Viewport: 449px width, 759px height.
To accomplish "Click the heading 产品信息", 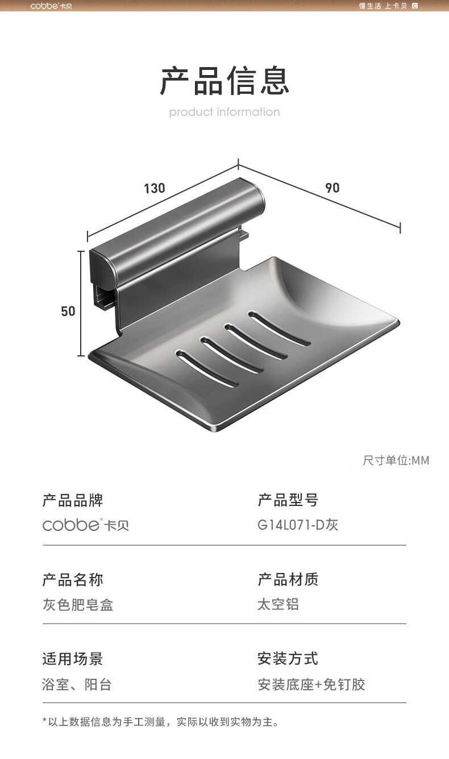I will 224,81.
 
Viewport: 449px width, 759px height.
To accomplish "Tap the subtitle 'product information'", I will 224,112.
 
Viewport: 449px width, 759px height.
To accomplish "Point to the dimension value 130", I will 154,188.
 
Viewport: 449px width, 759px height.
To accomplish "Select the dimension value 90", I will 332,188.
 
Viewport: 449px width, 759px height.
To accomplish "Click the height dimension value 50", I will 68,311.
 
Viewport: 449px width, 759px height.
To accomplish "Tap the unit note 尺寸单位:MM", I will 396,460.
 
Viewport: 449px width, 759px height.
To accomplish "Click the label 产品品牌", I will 73,501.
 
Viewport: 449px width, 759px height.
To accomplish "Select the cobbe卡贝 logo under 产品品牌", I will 86,525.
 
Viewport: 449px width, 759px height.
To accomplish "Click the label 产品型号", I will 288,501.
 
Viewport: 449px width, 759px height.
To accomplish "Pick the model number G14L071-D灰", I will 298,525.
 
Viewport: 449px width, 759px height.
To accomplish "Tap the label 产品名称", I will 73,580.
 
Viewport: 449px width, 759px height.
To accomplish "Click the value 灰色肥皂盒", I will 78,604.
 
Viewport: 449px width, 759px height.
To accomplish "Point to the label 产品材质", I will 288,580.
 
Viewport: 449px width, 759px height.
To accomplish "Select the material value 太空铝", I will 278,604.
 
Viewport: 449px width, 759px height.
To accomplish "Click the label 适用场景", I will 73,660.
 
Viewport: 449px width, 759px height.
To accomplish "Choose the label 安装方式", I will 288,660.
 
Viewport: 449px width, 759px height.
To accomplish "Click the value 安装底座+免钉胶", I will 311,685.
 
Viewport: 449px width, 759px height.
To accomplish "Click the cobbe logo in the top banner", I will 51,6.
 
